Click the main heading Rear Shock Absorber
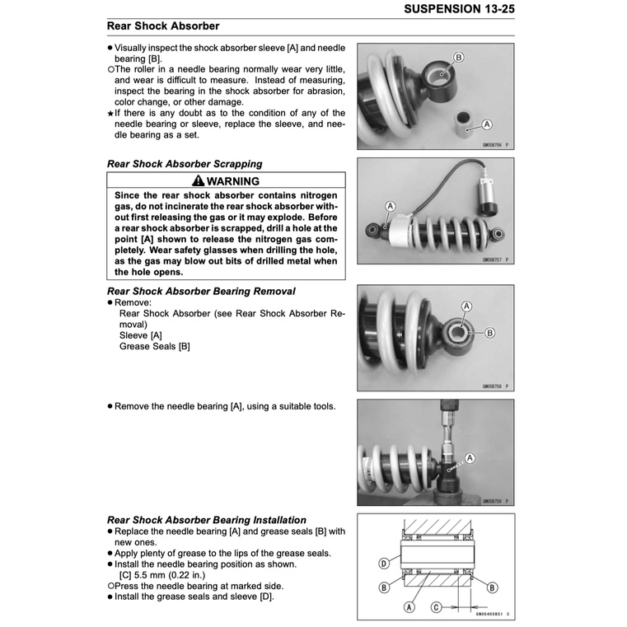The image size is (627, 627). coord(163,26)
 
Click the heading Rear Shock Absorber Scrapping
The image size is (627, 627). coord(185,164)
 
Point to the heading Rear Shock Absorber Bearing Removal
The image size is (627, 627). coord(201,292)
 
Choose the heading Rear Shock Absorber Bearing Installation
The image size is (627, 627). coord(207,520)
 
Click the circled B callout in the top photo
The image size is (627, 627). coord(459,57)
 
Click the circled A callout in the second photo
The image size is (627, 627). coord(391,205)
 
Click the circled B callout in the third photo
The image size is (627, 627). coord(490,333)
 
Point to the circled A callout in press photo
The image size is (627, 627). coord(470,457)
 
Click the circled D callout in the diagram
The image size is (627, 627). coord(384,564)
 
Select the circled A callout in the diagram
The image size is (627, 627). coord(409,607)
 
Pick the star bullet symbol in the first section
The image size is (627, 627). coord(110,114)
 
